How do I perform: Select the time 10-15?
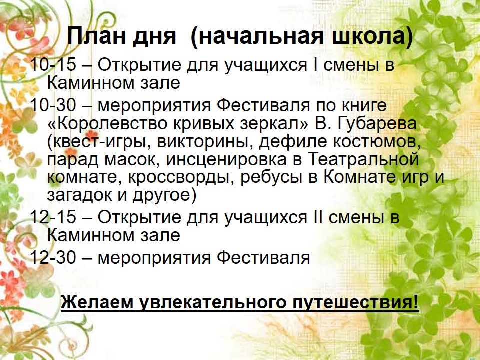(x=53, y=65)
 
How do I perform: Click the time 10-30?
(x=53, y=105)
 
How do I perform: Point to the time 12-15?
(x=53, y=217)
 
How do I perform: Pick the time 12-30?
(x=53, y=258)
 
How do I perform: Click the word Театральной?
(x=363, y=160)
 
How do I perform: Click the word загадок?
(x=79, y=196)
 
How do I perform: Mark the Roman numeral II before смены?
(x=318, y=217)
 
